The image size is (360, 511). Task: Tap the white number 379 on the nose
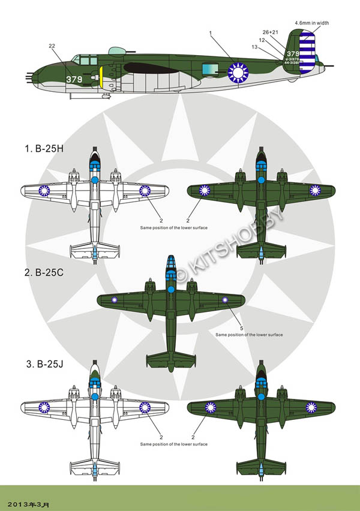pyautogui.click(x=74, y=79)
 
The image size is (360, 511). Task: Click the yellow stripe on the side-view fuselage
pyautogui.click(x=101, y=76)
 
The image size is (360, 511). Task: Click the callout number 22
pyautogui.click(x=52, y=46)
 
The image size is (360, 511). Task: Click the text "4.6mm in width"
pyautogui.click(x=311, y=22)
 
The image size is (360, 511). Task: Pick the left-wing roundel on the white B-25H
pyautogui.click(x=44, y=191)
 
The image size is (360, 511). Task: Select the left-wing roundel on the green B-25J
pyautogui.click(x=211, y=408)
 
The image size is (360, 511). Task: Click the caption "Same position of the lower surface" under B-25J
pyautogui.click(x=174, y=444)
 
